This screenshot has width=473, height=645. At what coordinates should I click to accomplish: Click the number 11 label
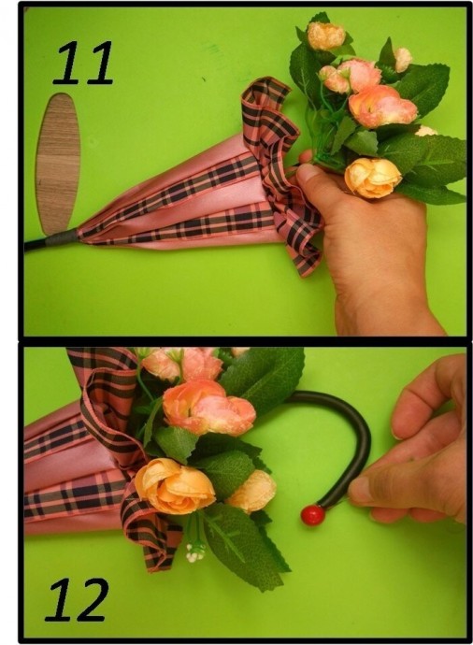83,63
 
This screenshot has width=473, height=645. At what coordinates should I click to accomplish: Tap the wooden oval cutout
58,164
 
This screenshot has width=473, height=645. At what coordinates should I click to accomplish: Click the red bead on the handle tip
313,515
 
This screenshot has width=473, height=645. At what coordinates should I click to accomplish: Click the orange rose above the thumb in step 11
373,178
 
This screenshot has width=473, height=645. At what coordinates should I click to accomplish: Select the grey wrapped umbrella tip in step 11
63,238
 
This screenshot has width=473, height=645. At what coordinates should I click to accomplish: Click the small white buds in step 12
194,552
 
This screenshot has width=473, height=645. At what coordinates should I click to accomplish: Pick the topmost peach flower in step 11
326,36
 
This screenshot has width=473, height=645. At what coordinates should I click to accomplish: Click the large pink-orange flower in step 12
208,408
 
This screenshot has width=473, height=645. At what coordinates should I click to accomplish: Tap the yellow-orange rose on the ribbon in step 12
174,485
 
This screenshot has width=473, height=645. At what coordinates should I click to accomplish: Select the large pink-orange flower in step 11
381,107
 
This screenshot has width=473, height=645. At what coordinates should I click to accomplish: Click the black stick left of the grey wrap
35,244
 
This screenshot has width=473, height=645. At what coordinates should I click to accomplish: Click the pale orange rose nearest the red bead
251,492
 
